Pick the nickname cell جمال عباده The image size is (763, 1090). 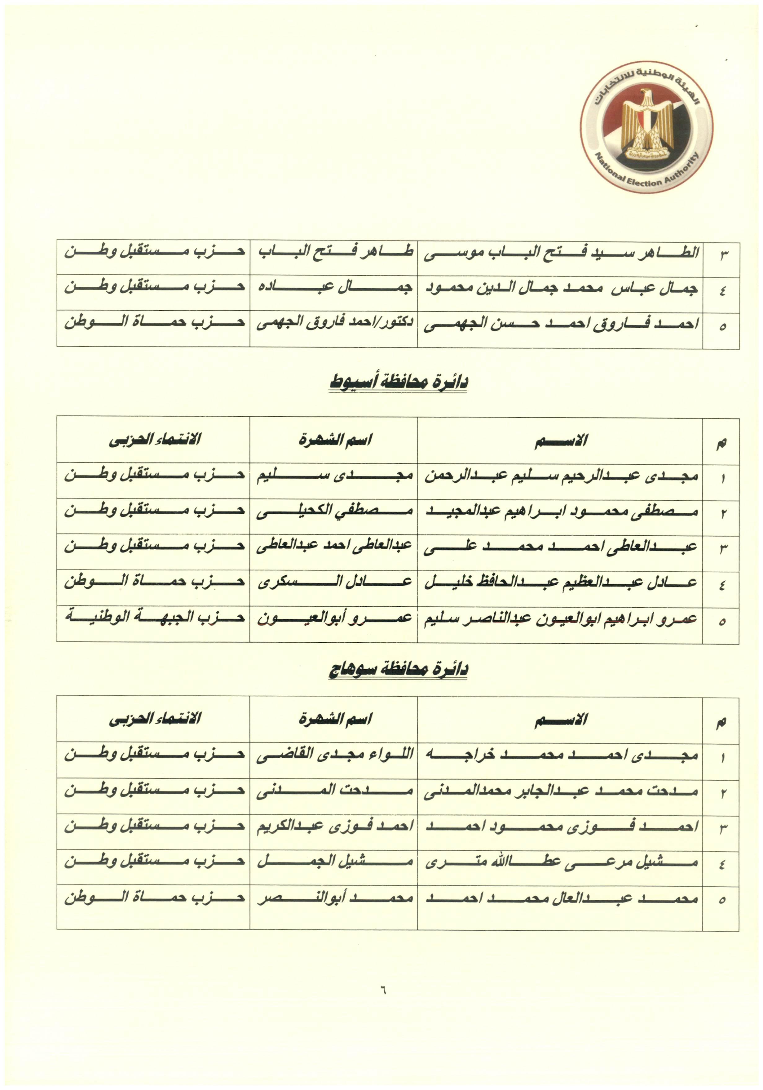point(334,288)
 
